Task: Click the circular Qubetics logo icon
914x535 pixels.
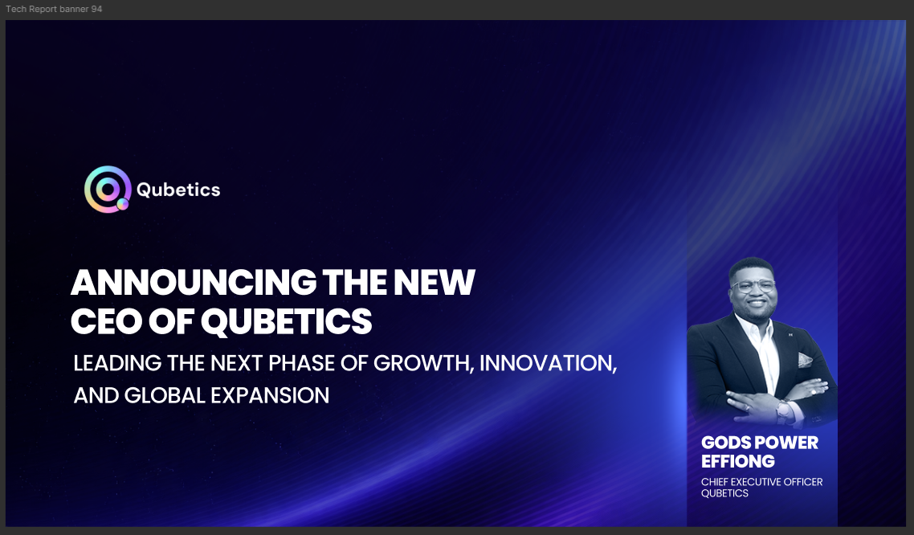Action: pos(108,190)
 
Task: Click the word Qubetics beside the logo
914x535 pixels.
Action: pos(177,190)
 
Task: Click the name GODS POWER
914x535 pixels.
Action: pos(760,443)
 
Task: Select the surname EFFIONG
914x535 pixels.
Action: pos(738,461)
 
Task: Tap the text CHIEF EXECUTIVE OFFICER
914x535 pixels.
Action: pos(761,482)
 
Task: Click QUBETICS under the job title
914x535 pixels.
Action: pos(724,493)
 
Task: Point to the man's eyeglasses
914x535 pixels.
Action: pos(753,286)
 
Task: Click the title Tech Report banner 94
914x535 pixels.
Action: pos(54,9)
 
